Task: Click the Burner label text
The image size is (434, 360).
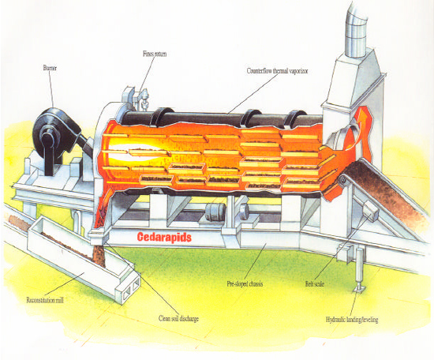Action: tap(50, 68)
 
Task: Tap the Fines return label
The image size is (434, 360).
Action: tap(155, 54)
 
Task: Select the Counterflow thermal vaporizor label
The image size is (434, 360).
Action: tap(277, 71)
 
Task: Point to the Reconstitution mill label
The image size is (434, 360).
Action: tap(45, 300)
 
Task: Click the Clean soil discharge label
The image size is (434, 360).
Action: tap(178, 318)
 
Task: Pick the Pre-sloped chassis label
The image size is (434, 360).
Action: tap(245, 284)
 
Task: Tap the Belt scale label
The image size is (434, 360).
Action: tap(314, 284)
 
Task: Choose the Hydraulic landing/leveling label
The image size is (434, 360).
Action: tap(352, 320)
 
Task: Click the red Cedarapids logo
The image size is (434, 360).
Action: tap(164, 238)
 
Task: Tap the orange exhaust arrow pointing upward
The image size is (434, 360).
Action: tap(363, 130)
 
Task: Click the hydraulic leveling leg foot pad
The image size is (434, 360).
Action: tap(360, 290)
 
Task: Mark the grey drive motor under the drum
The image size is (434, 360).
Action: tap(215, 212)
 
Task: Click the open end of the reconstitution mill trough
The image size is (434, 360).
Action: tap(131, 288)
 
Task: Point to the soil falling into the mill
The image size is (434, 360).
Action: tap(99, 255)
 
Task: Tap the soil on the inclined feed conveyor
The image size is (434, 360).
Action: tap(385, 189)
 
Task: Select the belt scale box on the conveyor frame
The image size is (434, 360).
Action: tap(371, 211)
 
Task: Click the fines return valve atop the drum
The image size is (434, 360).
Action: tap(144, 99)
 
